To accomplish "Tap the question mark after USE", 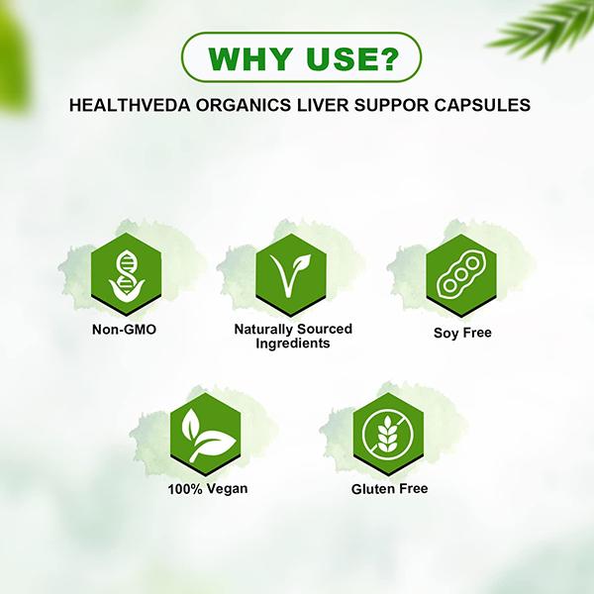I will (x=386, y=59).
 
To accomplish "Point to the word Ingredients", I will (x=292, y=343).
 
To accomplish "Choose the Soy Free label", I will (x=462, y=333).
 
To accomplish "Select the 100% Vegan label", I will (x=207, y=488).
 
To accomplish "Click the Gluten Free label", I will (x=387, y=488).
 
